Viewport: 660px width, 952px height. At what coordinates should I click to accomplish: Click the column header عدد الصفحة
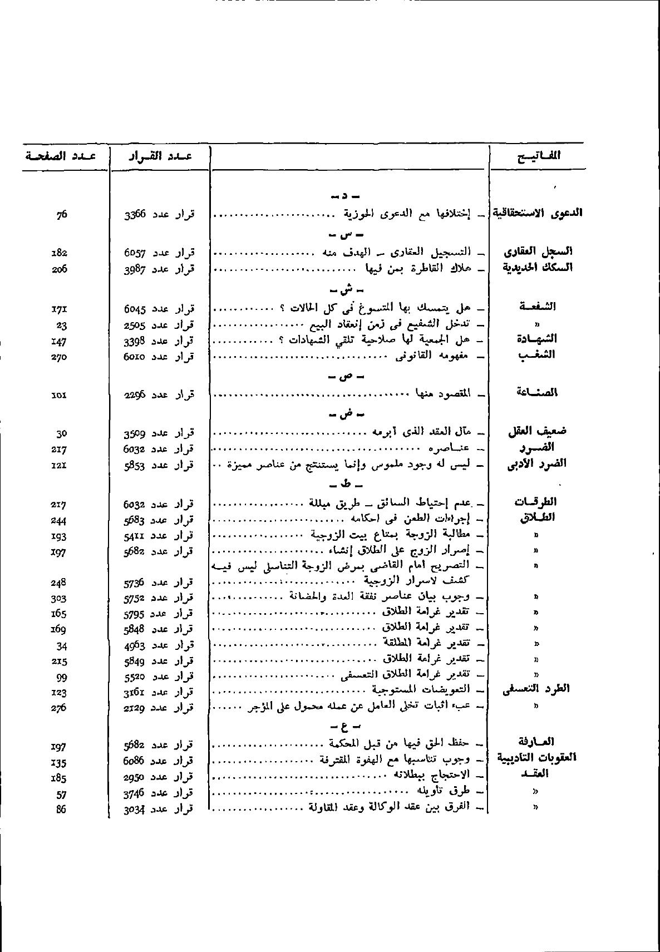(60, 156)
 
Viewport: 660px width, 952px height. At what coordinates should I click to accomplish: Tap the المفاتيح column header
(538, 156)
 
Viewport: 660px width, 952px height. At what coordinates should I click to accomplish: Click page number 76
(61, 214)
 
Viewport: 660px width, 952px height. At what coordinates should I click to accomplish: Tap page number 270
(59, 357)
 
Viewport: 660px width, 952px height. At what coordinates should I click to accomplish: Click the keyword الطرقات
(535, 502)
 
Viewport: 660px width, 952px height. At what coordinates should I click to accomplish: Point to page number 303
(59, 599)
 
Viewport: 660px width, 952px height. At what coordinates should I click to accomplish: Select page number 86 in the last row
(61, 810)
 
